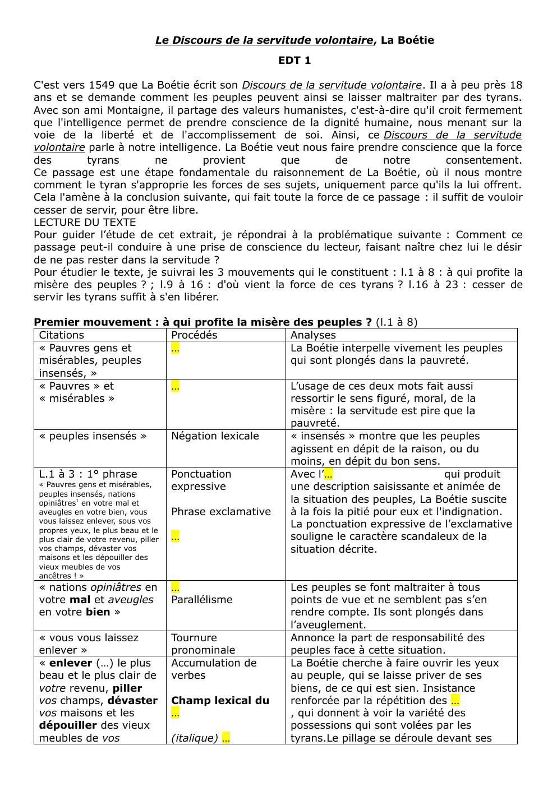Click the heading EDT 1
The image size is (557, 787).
[x=294, y=60]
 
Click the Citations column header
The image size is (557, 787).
[x=61, y=335]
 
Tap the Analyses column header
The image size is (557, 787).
[x=313, y=335]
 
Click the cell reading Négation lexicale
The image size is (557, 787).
[x=215, y=436]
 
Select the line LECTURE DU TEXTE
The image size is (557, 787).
[x=85, y=222]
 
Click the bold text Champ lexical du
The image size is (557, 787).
[x=220, y=700]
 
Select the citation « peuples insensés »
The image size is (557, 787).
[x=93, y=436]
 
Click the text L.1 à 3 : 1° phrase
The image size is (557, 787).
[x=88, y=474]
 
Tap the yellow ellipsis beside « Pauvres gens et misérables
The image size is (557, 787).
[x=175, y=348]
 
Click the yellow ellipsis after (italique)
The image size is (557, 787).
[x=226, y=738]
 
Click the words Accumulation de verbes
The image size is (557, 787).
[x=213, y=669]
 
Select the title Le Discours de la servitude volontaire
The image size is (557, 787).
[x=264, y=40]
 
